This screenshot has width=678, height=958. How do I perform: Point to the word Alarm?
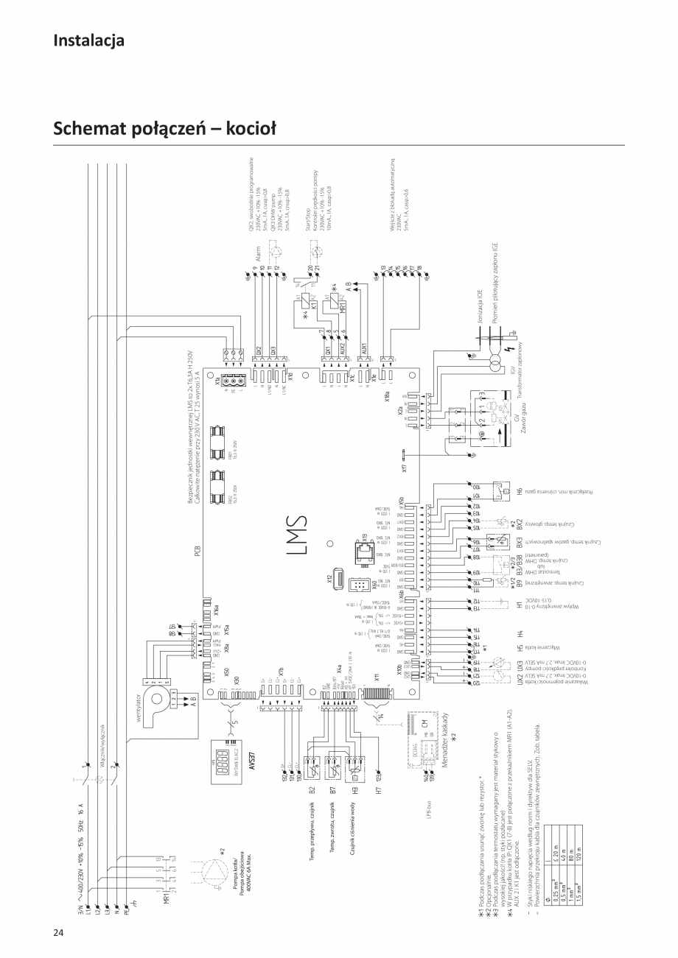[259, 258]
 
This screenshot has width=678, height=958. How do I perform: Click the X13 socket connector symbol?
[362, 550]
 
